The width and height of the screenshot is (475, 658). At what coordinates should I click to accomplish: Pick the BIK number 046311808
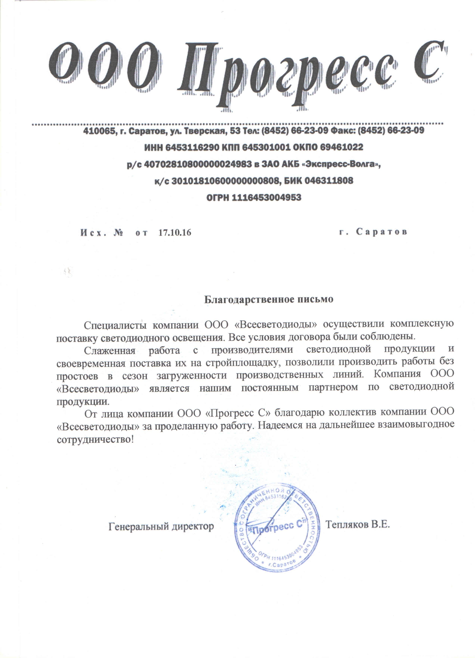point(328,181)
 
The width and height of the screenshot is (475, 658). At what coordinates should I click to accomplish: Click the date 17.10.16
point(175,233)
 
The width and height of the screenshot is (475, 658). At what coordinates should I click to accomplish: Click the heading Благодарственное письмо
point(269,299)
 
